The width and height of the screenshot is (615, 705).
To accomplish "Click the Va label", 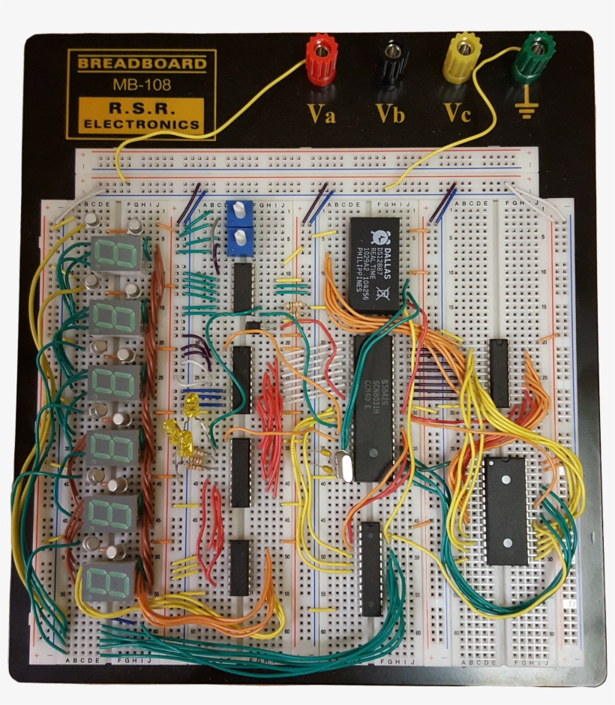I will [x=321, y=114].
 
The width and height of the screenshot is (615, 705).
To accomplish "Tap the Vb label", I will [x=391, y=114].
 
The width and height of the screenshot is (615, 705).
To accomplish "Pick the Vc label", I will [x=457, y=114].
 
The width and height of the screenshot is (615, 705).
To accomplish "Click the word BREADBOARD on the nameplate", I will [x=142, y=64].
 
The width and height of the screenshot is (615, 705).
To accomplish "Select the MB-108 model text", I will [x=142, y=84].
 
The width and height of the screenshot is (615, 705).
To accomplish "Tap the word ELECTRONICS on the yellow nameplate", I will [x=142, y=124].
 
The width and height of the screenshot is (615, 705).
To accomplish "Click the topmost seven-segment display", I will [x=116, y=255].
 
